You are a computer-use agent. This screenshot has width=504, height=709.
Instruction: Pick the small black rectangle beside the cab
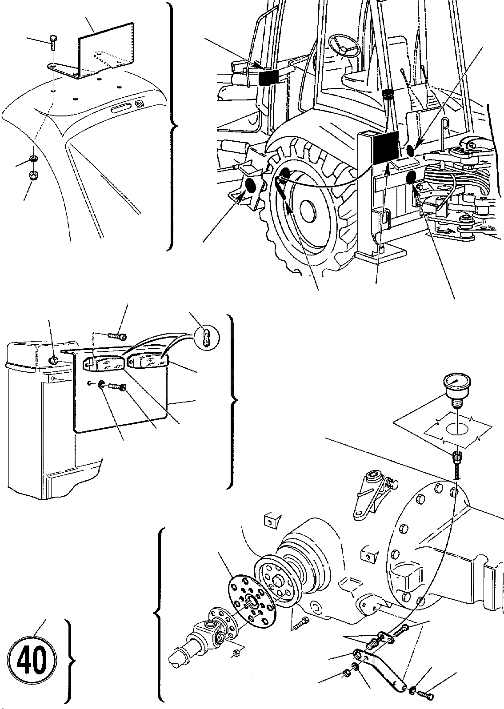(x=268, y=78)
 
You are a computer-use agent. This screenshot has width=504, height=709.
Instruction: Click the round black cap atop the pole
(x=389, y=95)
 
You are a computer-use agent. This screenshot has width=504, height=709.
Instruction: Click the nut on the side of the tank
(x=52, y=347)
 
